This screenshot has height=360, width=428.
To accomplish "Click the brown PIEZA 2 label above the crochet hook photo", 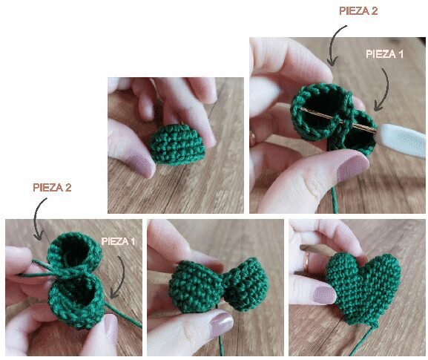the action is coord(358,11).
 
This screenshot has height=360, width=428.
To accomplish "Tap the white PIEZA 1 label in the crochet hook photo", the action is coord(384,53).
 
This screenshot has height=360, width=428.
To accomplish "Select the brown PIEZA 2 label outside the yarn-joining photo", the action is coord(52,188).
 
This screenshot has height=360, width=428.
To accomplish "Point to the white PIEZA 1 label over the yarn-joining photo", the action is coord(118,241).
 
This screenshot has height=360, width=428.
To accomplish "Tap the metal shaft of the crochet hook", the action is coord(338,120).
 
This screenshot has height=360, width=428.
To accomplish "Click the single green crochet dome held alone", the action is coord(177,145).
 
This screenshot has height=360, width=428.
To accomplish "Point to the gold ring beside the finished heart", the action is coord(307,262).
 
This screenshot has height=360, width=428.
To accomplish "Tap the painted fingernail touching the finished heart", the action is coord(324,295).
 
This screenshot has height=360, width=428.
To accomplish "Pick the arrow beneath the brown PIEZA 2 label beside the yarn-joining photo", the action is coord(39,218).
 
